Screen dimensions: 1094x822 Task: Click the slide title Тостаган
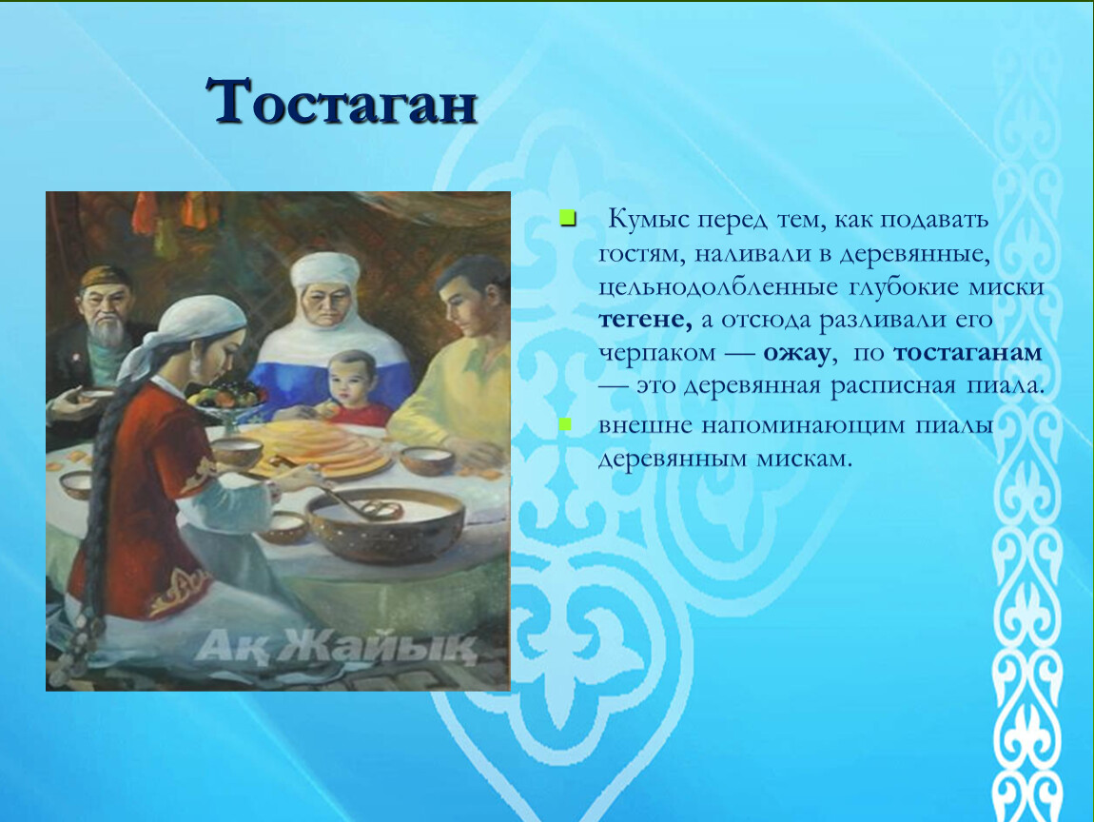click(342, 102)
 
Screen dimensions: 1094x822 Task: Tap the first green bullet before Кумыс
click(568, 219)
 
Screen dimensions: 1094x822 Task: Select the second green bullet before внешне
click(565, 423)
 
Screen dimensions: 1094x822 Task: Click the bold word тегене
click(645, 321)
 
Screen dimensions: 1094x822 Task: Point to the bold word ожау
click(796, 353)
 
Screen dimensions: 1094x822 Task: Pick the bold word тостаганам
click(967, 352)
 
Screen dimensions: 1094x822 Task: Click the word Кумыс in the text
click(649, 219)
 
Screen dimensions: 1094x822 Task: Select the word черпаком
click(657, 353)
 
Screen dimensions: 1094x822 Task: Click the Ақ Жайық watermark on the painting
click(336, 646)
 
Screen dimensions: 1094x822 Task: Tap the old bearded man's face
click(106, 310)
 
